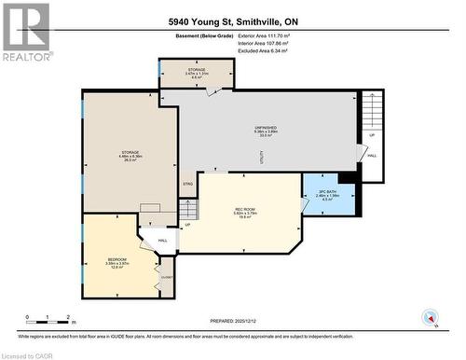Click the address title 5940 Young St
[x=233, y=21]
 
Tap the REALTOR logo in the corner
[x=26, y=32]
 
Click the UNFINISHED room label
[x=267, y=127]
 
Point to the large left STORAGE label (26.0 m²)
[x=130, y=152]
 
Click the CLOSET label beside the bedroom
[x=168, y=277]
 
